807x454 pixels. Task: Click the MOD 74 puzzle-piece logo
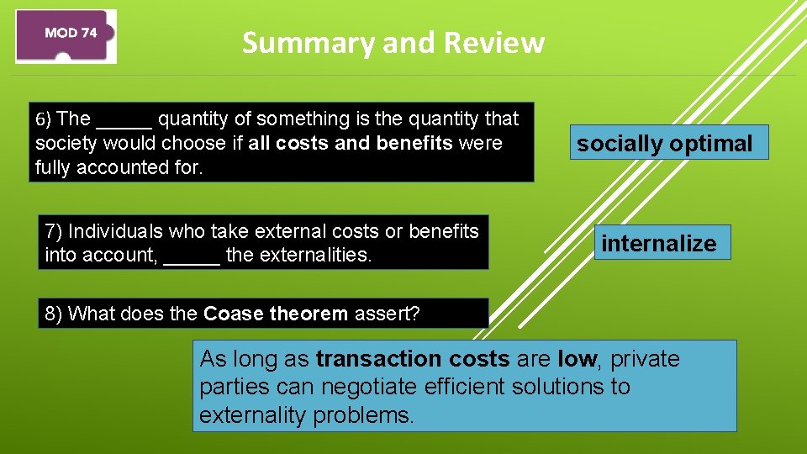(66, 35)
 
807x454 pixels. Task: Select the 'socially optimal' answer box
(664, 143)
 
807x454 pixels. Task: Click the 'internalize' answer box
(659, 243)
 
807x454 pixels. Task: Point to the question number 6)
(44, 119)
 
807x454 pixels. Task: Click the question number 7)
(54, 231)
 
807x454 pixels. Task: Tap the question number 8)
(54, 314)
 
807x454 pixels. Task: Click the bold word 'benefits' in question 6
(414, 143)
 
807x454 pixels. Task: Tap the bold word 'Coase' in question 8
(231, 314)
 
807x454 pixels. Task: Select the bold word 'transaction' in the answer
(371, 359)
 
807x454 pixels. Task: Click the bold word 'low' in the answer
(577, 359)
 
